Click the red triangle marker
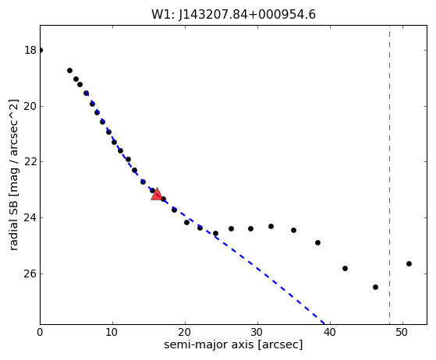point(157,194)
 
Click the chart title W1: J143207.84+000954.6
point(233,15)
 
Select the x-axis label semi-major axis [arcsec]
point(233,344)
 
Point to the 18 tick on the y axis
point(30,51)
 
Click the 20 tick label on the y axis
point(30,106)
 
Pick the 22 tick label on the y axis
point(30,161)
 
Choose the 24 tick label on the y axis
point(30,217)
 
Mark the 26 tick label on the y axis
point(30,274)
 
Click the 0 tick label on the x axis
point(40,332)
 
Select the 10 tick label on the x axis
point(112,332)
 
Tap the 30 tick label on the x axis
point(257,332)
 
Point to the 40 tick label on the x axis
point(331,332)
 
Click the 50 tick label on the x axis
point(403,332)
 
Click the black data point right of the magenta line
point(409,263)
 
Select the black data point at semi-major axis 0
point(41,51)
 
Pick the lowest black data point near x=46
point(375,287)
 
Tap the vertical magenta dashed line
point(389,175)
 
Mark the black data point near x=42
point(345,268)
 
